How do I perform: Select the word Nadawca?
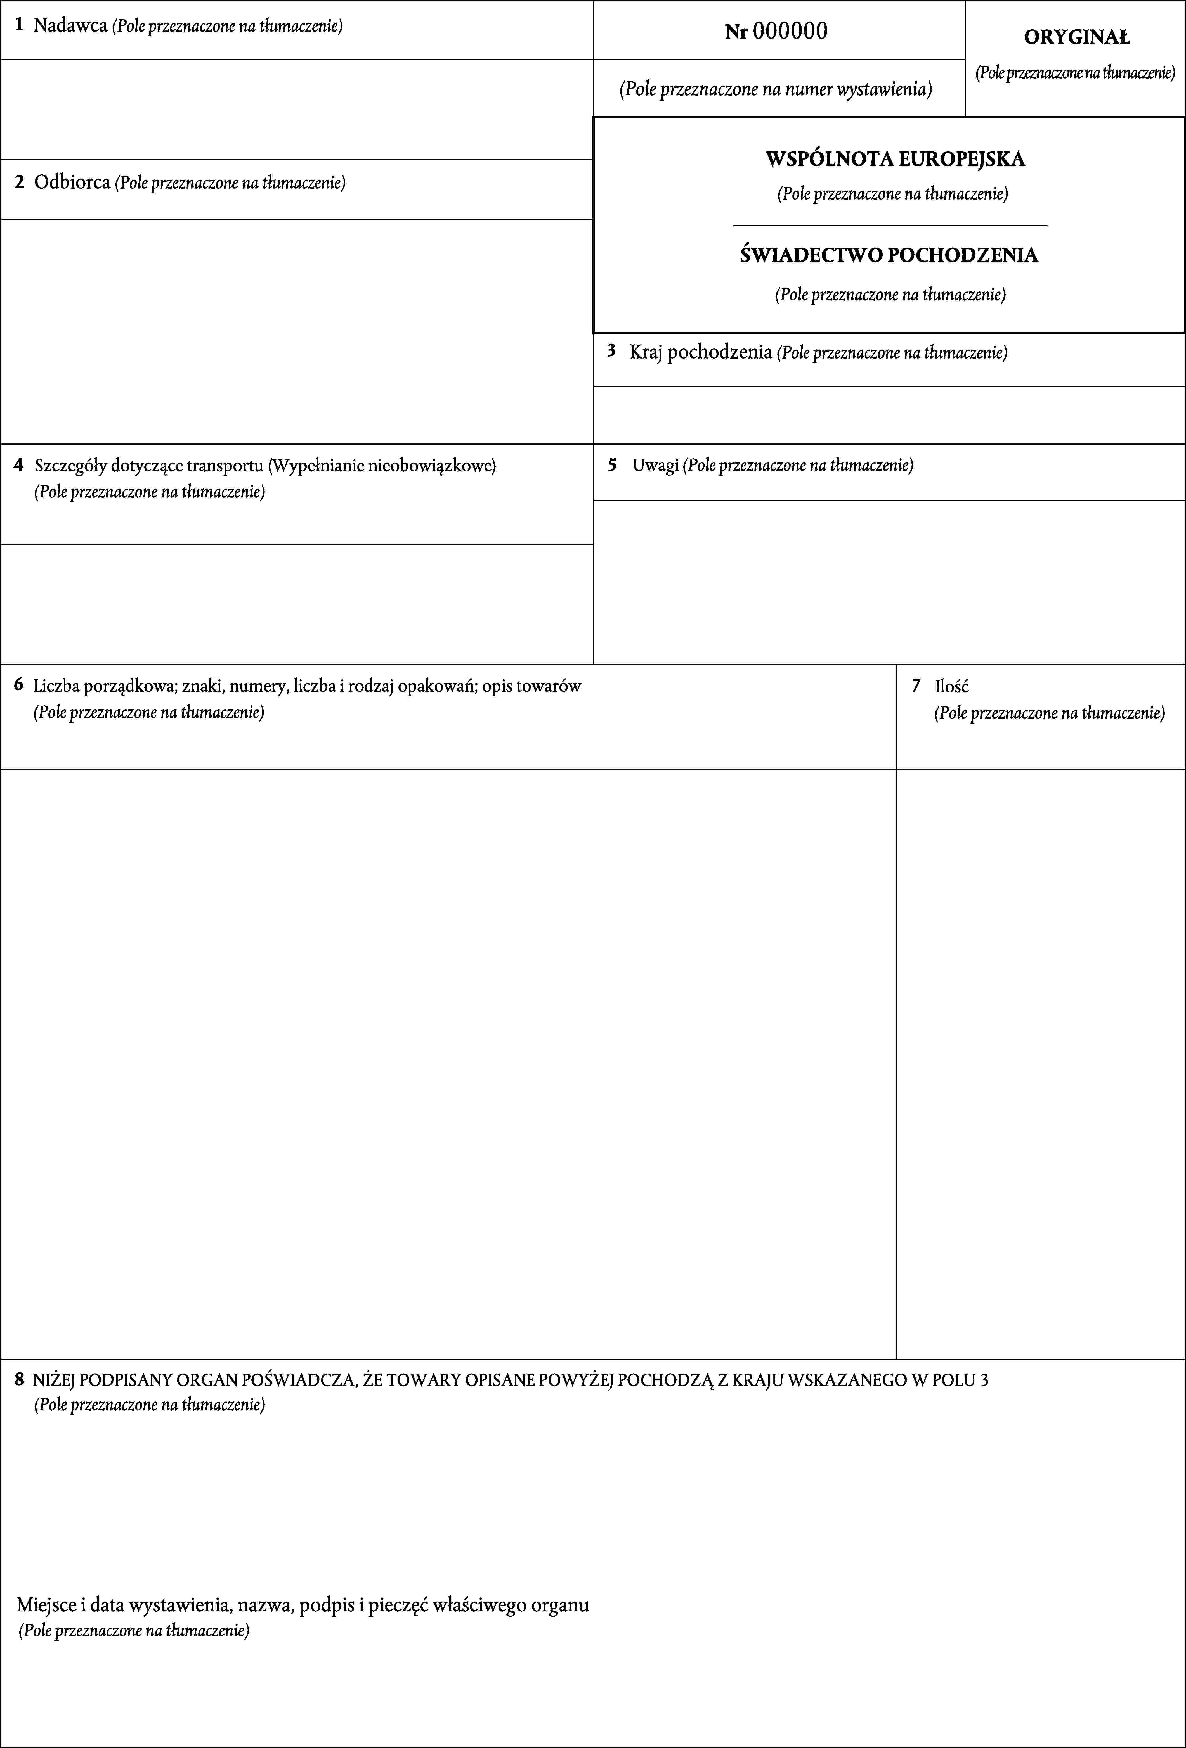click(70, 26)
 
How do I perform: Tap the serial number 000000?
click(790, 31)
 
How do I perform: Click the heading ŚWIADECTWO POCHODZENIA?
click(889, 255)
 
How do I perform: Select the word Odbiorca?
click(72, 182)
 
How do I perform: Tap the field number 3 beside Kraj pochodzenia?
click(612, 350)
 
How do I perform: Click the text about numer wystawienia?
click(775, 89)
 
